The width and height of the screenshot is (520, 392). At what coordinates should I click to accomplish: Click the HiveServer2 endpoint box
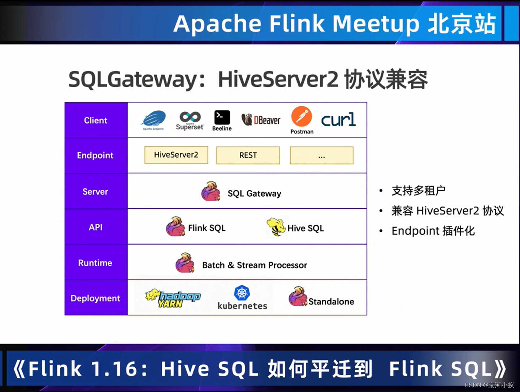coord(176,155)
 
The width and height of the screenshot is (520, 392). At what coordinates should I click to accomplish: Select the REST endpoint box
coord(248,155)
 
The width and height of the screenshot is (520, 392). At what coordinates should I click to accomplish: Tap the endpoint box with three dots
coord(321,155)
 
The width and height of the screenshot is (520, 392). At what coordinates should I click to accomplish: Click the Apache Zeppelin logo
coord(154,119)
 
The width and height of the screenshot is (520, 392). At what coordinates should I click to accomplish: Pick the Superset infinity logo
coord(190,117)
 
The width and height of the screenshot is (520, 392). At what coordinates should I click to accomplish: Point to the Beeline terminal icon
coord(222,118)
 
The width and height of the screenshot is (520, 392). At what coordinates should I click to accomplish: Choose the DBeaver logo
coord(261,120)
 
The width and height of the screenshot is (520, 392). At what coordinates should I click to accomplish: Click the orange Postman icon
coord(302,116)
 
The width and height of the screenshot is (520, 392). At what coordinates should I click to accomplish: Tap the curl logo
coord(338,120)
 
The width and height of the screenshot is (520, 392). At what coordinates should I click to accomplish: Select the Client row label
coord(96,120)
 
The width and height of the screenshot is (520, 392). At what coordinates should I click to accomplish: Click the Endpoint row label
coord(95,155)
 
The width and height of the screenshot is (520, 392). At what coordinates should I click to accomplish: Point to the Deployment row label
coord(95,298)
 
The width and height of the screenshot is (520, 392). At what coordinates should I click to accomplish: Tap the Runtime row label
coord(95,263)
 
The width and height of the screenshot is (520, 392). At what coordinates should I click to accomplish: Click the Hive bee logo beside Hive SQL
coord(276,227)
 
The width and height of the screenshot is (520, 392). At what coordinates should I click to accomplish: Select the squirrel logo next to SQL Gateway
coord(211,191)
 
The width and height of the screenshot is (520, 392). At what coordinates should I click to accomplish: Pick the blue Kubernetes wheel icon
coord(242,293)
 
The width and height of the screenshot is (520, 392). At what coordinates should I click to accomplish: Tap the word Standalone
coord(331,302)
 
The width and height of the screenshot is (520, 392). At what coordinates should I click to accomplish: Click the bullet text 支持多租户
coord(419,191)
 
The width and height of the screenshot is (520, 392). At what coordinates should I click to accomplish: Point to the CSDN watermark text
coord(489,385)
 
